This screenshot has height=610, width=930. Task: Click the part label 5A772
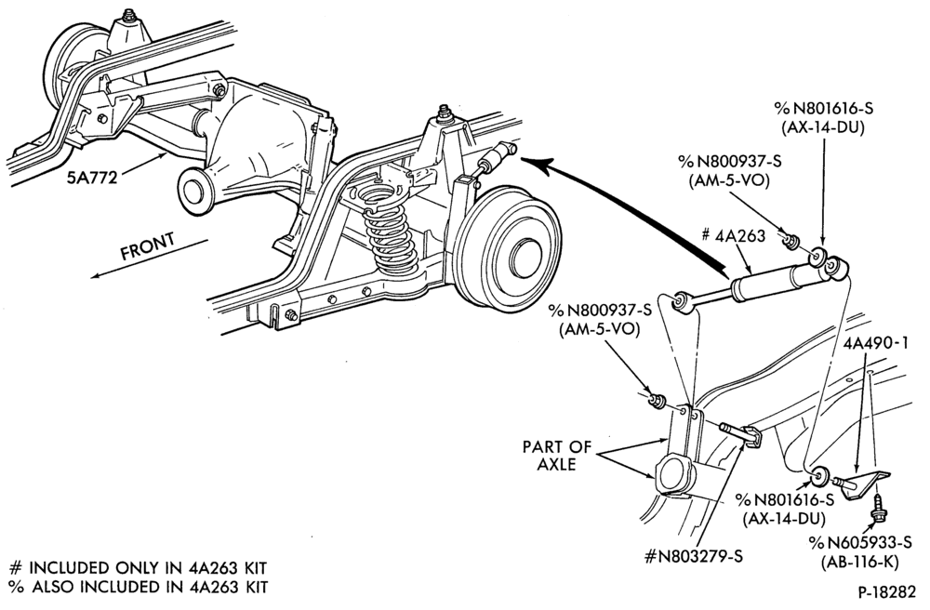(92, 177)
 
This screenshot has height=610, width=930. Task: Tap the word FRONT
(148, 246)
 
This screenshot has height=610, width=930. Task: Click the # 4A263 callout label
(733, 235)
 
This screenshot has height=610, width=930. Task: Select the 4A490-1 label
(875, 344)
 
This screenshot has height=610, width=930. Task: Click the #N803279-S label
(693, 557)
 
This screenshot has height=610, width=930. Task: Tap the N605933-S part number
(860, 542)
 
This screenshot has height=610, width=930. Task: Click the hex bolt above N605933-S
(875, 511)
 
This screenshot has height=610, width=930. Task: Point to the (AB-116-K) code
(860, 562)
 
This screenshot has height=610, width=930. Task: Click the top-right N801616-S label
(824, 109)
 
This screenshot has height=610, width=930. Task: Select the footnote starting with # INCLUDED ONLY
(139, 568)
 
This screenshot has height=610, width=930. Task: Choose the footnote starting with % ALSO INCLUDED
(139, 587)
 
